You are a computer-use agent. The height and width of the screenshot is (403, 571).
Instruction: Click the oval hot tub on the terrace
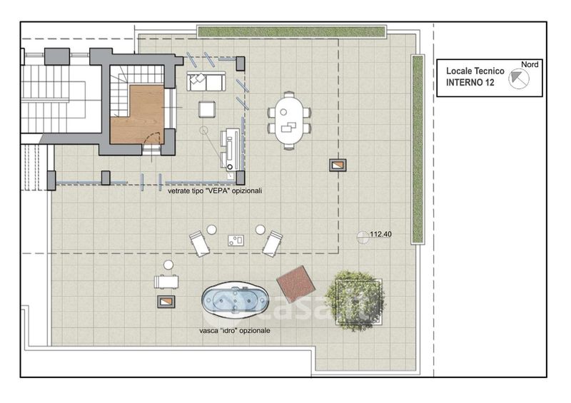point(235,300)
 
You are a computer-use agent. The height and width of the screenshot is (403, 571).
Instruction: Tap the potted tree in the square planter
point(355,301)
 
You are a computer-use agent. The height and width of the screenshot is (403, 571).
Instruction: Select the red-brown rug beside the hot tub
point(295,284)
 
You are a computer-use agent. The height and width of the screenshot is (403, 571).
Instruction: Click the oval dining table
point(289,121)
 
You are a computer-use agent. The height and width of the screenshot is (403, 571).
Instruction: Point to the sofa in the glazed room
point(206,81)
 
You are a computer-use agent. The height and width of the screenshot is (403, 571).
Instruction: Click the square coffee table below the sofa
point(207,109)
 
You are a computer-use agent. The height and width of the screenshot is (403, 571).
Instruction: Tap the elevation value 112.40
point(381,234)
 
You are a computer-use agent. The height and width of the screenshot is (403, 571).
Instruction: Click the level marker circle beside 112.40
point(363,237)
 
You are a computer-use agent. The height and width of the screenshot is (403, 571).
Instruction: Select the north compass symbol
point(519,78)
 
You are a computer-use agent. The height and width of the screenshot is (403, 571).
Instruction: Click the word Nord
point(530,64)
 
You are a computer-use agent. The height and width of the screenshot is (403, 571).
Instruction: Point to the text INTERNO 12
point(470,83)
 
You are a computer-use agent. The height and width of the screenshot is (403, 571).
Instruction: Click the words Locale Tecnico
point(475,71)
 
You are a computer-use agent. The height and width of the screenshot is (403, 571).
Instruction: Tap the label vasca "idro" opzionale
point(235,330)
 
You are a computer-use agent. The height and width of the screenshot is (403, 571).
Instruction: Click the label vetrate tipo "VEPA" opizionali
point(215,190)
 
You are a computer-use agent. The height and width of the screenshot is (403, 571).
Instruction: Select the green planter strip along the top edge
point(292,31)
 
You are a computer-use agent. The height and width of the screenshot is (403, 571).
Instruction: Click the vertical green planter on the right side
point(418,149)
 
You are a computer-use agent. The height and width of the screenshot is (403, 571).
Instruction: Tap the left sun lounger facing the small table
point(200,243)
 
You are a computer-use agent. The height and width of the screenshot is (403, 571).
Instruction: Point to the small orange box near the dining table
point(338,165)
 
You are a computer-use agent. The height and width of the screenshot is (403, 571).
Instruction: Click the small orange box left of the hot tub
point(166,302)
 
